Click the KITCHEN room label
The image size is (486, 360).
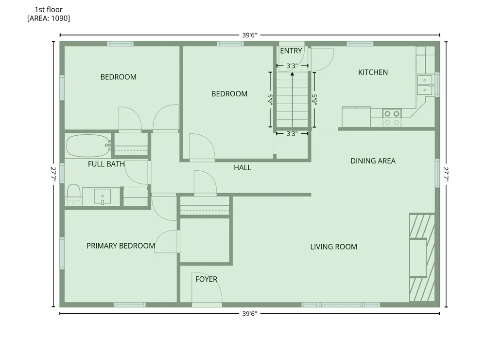coord(373,72)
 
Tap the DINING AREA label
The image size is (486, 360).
coord(373,161)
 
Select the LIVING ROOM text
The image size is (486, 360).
coord(333,247)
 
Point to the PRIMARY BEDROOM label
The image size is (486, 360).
coord(121,246)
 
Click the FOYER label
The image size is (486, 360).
coord(206,279)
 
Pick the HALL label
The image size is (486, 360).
coord(243,167)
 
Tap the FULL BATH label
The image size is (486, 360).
coord(106,164)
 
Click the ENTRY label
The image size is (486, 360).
coord(291,51)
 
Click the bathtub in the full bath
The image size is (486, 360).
coord(88,145)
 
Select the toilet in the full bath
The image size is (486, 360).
coord(73,195)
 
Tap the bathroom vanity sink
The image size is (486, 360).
coord(102,197)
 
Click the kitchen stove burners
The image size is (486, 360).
coord(392,118)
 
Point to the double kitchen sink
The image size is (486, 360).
coord(424,85)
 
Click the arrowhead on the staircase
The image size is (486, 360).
coord(292,74)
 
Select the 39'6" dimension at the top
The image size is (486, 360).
coord(249,35)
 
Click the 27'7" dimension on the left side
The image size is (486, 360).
coord(53,174)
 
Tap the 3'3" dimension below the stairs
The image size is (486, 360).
coord(292,134)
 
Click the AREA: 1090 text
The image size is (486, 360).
coord(49,18)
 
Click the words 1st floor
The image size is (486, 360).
coord(49,10)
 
